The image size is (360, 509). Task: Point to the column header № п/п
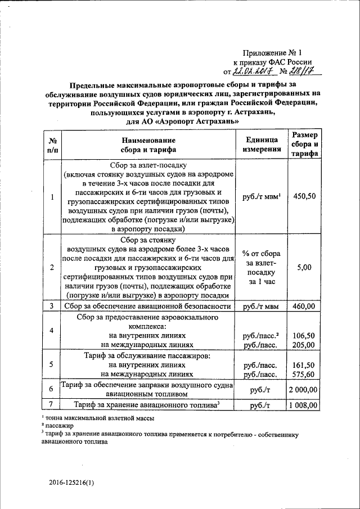pyautogui.click(x=52, y=145)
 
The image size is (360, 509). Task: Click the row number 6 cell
pyautogui.click(x=51, y=389)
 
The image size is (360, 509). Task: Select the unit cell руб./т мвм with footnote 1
pyautogui.click(x=261, y=196)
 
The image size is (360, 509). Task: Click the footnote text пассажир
pyautogui.click(x=62, y=426)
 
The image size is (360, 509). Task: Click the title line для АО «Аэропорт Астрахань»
pyautogui.click(x=180, y=121)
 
